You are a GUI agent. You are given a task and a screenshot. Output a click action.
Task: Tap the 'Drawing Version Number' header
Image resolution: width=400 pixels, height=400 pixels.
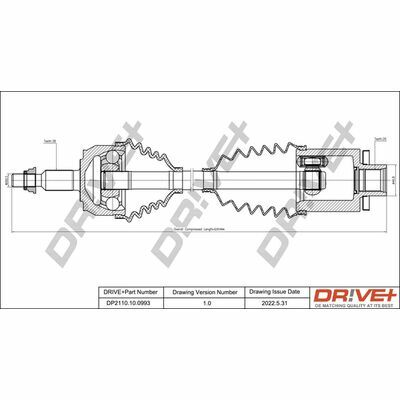tap(204, 291)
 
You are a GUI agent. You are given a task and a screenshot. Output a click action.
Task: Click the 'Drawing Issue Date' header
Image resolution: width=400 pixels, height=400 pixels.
tap(268, 291)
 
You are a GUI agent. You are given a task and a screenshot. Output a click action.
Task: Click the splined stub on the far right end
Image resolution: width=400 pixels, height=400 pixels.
tap(375, 183)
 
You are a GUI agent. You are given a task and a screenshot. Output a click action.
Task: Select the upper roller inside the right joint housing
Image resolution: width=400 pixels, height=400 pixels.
tap(309, 163)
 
